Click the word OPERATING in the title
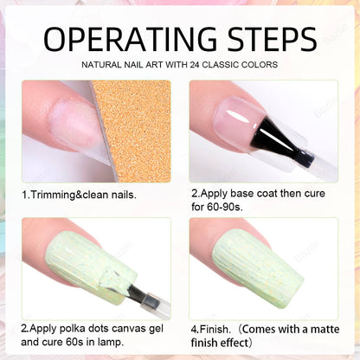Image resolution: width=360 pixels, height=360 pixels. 130,39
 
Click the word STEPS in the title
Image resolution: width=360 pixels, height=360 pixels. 273,39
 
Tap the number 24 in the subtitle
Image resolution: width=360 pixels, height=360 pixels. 195,65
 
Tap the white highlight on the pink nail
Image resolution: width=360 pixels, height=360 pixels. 237,116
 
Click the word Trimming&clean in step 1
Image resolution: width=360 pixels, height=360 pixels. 71,195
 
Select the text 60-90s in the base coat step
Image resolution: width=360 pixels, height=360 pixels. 224,207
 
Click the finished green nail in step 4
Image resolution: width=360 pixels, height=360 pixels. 258,267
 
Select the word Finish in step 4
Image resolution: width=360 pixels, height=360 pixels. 215,329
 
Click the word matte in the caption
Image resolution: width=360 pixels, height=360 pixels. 324,329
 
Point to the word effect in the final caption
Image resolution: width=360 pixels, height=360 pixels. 235,343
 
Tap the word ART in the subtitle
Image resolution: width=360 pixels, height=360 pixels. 154,65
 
